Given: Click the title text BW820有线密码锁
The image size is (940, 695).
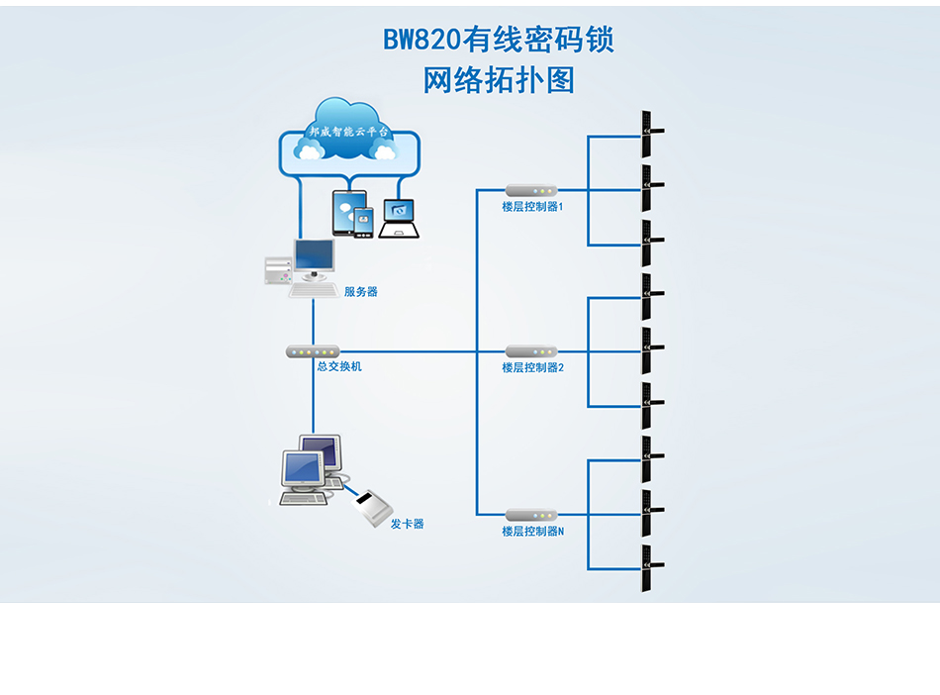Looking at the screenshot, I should [x=499, y=39].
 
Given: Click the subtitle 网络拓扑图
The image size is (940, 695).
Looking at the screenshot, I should [x=499, y=80].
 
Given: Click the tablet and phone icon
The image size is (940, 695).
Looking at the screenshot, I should [x=351, y=214].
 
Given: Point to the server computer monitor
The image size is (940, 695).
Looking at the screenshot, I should [x=314, y=260].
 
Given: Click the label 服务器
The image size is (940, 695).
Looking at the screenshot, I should [x=361, y=292].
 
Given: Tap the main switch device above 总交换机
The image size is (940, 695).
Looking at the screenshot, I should [x=313, y=351].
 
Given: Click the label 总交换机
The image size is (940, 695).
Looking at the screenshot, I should [x=339, y=366].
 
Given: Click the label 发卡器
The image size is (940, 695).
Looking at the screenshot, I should [x=407, y=524].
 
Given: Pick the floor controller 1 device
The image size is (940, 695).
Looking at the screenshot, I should [x=531, y=190].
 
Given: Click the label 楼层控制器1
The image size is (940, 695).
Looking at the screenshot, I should [x=532, y=207].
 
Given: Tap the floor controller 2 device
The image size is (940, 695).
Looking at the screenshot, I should [x=531, y=351].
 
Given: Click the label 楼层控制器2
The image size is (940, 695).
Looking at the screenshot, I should [x=532, y=367].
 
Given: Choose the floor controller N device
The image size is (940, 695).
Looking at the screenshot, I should [x=531, y=515].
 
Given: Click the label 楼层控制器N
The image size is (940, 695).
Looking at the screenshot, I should [x=532, y=532].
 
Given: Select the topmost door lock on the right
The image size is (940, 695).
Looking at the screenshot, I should [x=648, y=135].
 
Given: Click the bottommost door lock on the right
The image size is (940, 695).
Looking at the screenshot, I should [x=648, y=568].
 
